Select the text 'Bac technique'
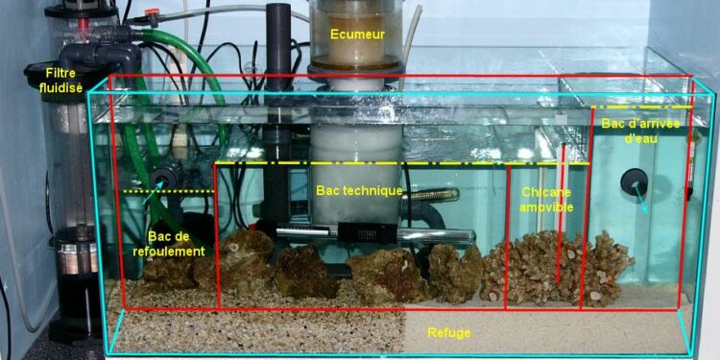coord(359,191)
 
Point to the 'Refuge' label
coord(449,332)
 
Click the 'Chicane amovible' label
coord(546,199)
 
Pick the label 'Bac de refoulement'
coord(176,244)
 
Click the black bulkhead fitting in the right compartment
coord(634,181)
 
